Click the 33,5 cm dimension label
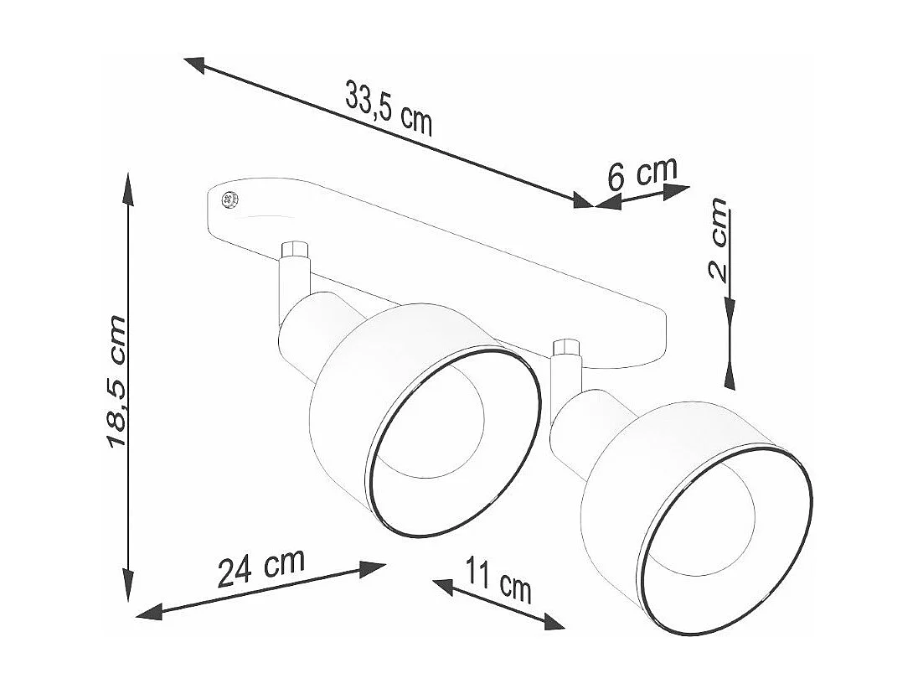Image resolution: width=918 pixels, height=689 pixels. (389, 109)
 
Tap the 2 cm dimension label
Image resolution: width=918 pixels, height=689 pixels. (718, 241)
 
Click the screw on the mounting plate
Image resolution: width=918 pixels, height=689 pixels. (229, 200)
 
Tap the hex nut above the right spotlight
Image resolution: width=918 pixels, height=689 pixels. (566, 350)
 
